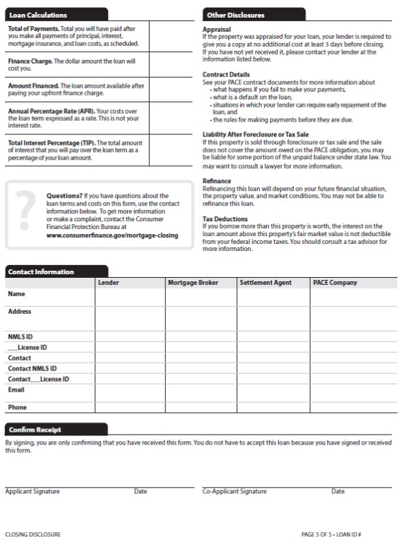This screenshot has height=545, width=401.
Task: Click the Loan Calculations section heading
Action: click(x=39, y=14)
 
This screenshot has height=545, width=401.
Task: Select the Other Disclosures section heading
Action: click(x=236, y=14)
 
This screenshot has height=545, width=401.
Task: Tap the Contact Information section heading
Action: click(x=40, y=271)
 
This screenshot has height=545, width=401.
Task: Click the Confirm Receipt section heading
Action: click(x=35, y=430)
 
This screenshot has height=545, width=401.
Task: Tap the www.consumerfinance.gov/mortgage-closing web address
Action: click(x=112, y=235)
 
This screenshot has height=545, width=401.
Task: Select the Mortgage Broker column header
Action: click(x=193, y=283)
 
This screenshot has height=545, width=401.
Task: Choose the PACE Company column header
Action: click(x=335, y=283)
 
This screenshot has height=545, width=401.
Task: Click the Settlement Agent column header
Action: click(x=265, y=283)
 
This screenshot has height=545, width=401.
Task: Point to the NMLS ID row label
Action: click(x=20, y=336)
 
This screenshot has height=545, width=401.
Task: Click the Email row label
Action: click(x=16, y=389)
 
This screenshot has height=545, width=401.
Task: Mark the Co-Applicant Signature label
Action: click(x=234, y=491)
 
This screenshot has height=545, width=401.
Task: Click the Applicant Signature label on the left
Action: click(x=32, y=491)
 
